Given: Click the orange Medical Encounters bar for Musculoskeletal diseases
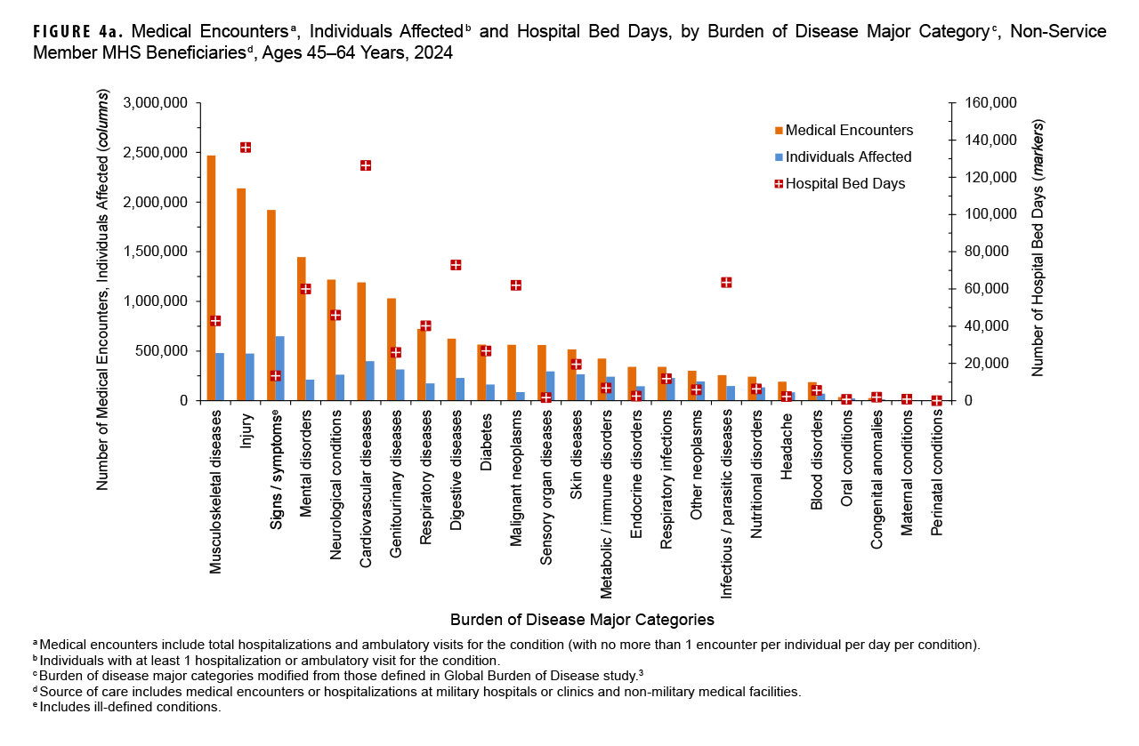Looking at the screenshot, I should (x=211, y=277).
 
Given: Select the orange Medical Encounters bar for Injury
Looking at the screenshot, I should (x=241, y=293).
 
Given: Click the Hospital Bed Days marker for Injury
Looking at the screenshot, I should (x=246, y=148).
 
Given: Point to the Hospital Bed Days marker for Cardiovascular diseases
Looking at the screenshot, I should (x=366, y=165).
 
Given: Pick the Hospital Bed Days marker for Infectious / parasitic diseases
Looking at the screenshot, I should (x=726, y=283).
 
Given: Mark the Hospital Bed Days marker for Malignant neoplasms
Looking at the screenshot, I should (x=515, y=285).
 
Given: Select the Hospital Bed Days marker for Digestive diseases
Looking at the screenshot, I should (x=456, y=265).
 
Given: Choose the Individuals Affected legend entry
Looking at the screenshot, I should (x=842, y=157).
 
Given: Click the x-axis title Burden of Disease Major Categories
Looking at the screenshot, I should (x=582, y=619).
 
